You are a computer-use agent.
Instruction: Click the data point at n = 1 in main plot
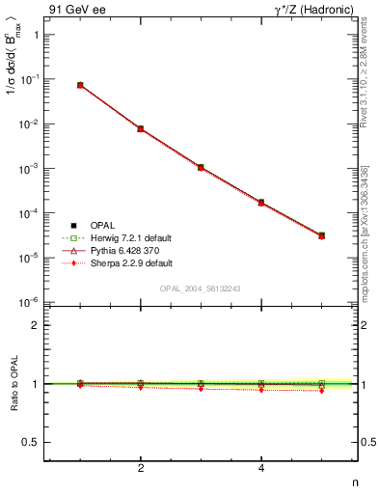tap(80, 85)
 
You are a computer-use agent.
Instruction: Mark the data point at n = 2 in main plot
tap(141, 128)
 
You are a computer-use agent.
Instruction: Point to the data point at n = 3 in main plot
tap(201, 167)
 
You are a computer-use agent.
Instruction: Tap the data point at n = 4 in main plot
tap(261, 203)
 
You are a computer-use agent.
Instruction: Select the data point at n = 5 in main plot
tap(322, 235)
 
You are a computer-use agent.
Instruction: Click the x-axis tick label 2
tap(141, 469)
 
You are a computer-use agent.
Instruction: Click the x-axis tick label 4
tap(261, 469)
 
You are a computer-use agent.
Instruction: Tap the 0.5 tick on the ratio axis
tap(31, 442)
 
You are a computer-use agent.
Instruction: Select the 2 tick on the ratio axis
tap(35, 325)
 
